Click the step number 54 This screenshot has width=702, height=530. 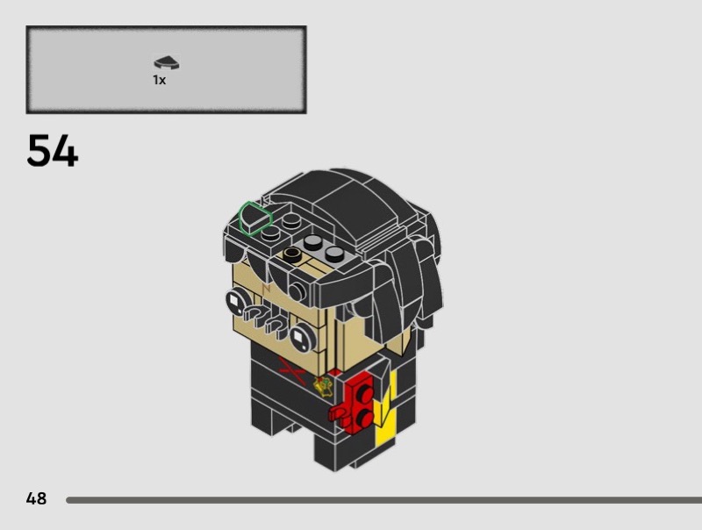[53, 151]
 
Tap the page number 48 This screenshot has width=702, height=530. [36, 498]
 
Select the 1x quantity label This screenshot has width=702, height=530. [160, 80]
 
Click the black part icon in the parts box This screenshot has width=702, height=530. [167, 62]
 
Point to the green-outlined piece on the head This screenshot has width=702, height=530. [254, 218]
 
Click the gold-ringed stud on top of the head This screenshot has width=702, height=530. [292, 254]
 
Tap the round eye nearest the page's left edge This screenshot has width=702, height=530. [236, 302]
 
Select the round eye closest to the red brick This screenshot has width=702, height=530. [303, 337]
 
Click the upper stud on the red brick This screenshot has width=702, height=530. [365, 393]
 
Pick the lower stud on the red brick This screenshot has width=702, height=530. [364, 418]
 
